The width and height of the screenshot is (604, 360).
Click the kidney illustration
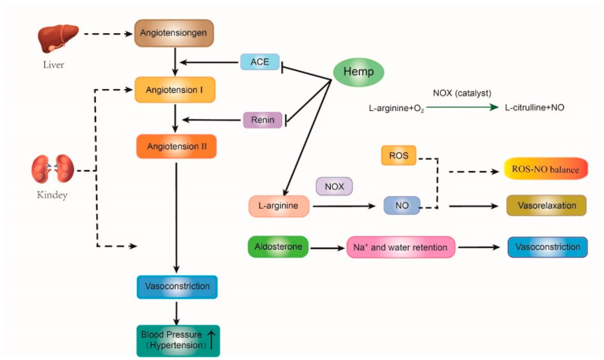click(x=52, y=169)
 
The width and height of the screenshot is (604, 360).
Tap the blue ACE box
click(x=260, y=61)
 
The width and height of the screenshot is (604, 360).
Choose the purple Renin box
click(x=262, y=120)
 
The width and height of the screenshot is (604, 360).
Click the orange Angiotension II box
click(x=176, y=147)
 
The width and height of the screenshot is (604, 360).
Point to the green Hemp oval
click(x=358, y=73)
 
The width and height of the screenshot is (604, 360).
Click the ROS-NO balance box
click(x=547, y=169)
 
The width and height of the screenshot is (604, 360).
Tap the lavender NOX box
click(x=334, y=186)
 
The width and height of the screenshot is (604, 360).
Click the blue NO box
click(x=402, y=206)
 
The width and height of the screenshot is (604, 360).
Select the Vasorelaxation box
click(x=547, y=206)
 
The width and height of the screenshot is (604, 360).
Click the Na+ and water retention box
click(x=400, y=248)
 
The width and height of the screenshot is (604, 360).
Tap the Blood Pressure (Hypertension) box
click(x=176, y=340)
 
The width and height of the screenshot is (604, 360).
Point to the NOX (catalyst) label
click(x=462, y=93)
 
